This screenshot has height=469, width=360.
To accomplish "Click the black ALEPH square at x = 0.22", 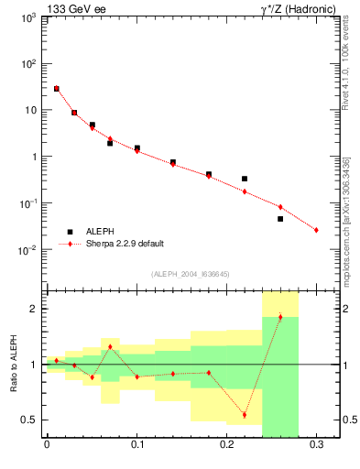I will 245,179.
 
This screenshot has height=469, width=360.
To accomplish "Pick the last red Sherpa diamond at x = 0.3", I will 316,230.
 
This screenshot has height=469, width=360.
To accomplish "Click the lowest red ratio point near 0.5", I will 245,415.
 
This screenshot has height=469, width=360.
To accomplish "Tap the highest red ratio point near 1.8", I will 280,317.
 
